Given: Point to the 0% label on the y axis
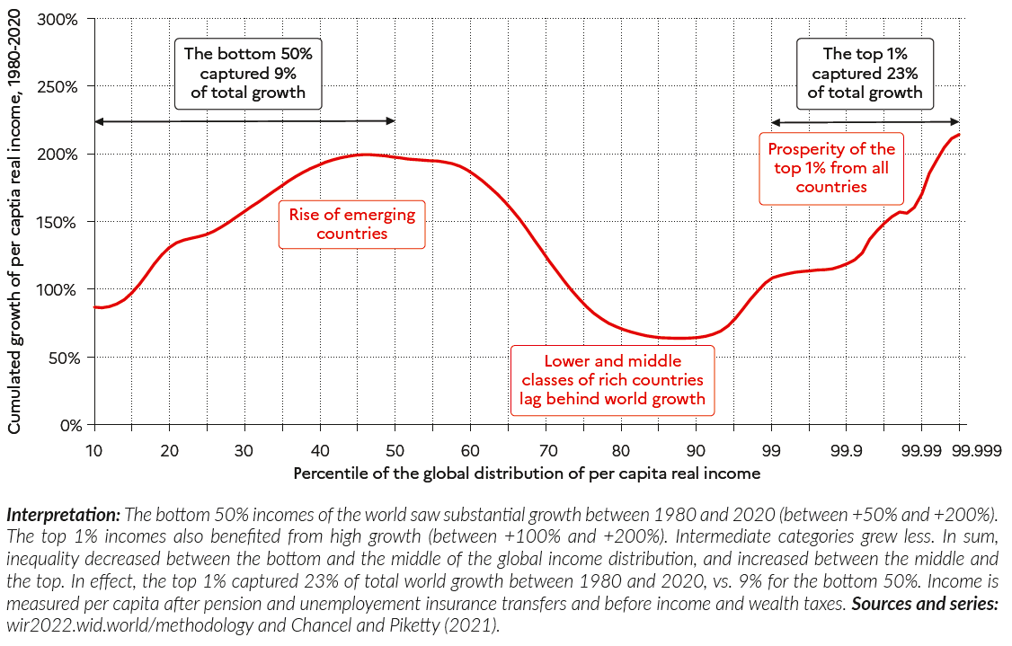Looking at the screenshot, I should (x=69, y=425).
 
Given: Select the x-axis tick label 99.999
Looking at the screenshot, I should (x=960, y=449).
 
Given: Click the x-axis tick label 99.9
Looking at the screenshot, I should (x=846, y=449).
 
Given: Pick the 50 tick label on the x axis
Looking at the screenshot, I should (x=395, y=449).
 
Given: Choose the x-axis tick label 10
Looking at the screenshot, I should (x=93, y=449).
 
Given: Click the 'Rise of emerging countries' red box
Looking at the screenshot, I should (x=351, y=224).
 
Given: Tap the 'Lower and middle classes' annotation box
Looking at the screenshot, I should (x=613, y=380).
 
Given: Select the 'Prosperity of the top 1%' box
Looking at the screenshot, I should (x=831, y=168).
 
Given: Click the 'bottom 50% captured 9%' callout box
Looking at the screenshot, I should (x=247, y=74).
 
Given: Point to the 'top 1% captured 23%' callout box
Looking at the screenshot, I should (x=865, y=74).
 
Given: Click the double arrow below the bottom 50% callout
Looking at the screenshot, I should (x=244, y=121).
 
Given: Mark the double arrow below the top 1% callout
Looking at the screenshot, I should (x=865, y=122).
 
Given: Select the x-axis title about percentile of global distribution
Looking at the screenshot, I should (x=527, y=473).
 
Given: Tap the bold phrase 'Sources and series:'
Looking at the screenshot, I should (x=925, y=605).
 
